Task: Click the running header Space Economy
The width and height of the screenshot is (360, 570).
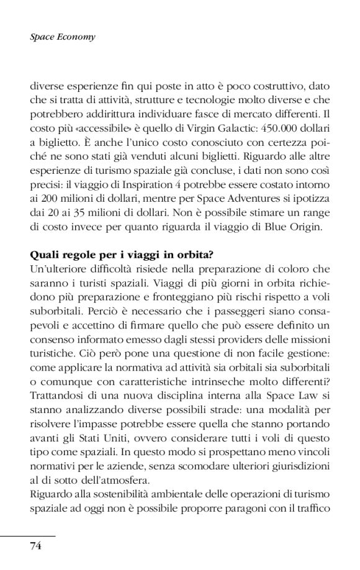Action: tap(62, 38)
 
